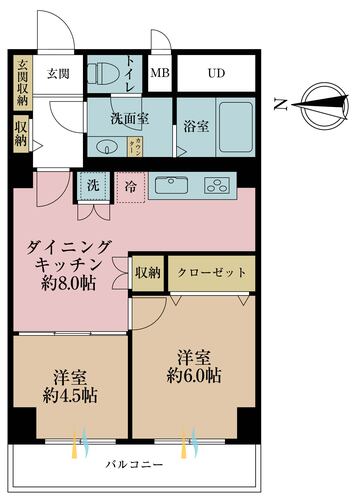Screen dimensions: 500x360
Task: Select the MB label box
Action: (x=160, y=74)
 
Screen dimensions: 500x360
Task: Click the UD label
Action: (x=216, y=74)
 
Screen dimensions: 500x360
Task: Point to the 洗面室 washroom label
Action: (x=129, y=118)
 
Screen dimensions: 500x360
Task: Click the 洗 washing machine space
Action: (x=92, y=186)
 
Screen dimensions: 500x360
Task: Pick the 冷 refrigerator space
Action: (x=131, y=186)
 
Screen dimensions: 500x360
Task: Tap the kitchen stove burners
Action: (x=218, y=185)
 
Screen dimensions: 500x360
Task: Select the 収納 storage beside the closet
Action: (x=148, y=272)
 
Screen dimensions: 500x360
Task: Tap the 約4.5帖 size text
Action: (x=69, y=393)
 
